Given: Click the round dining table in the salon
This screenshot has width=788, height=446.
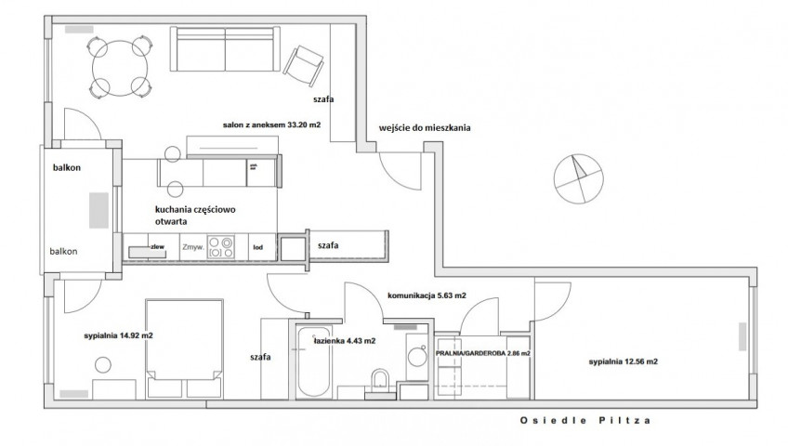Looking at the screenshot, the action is click(120, 69).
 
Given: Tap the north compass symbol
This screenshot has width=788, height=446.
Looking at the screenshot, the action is click(578, 178).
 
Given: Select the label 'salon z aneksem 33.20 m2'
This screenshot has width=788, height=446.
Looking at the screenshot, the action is click(271, 125).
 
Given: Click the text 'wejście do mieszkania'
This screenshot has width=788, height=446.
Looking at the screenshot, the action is click(425, 128).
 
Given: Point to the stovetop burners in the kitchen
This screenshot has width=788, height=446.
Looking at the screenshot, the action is click(221, 247).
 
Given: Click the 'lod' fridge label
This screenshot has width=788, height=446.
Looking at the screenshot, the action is click(257, 247).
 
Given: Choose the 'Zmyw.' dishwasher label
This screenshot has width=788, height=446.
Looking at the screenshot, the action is click(193, 247).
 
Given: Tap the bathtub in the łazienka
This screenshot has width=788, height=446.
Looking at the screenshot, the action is click(314, 362).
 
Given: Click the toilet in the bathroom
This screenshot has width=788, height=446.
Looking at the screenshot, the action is click(381, 384).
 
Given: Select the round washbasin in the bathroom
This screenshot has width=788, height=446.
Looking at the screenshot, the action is click(417, 357).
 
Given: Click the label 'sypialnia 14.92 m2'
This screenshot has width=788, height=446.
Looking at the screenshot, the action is click(119, 335).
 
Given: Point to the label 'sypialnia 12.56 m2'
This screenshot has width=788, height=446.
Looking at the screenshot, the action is click(624, 361).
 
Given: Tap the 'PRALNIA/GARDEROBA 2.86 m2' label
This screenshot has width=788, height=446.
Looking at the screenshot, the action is click(483, 354).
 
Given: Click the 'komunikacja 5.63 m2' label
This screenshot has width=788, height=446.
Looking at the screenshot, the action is click(427, 295).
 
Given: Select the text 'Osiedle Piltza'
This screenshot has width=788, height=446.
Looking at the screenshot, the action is click(585, 420).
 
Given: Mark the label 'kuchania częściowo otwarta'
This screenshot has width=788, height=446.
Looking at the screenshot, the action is click(195, 215).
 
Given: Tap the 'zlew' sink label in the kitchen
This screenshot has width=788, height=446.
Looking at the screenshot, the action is click(157, 247).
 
